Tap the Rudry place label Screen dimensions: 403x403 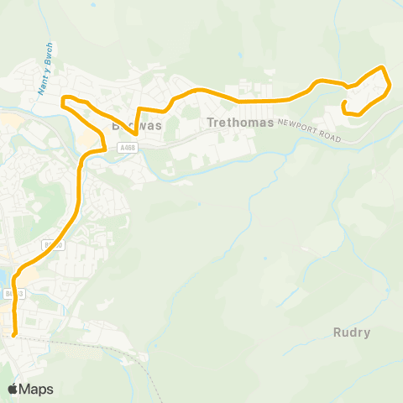pyautogui.click(x=351, y=332)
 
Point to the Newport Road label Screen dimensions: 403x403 pyautogui.click(x=311, y=129)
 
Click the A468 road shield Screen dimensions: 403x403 pyautogui.click(x=126, y=148)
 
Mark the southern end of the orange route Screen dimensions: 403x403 pyautogui.click(x=14, y=335)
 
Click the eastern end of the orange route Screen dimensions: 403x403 pyautogui.click(x=345, y=104)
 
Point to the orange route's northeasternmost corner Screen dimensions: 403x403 pyautogui.click(x=383, y=67)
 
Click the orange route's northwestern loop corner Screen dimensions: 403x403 pyautogui.click(x=64, y=100)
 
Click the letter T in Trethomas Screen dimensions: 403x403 pyautogui.click(x=211, y=123)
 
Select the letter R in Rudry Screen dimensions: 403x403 pyautogui.click(x=336, y=332)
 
